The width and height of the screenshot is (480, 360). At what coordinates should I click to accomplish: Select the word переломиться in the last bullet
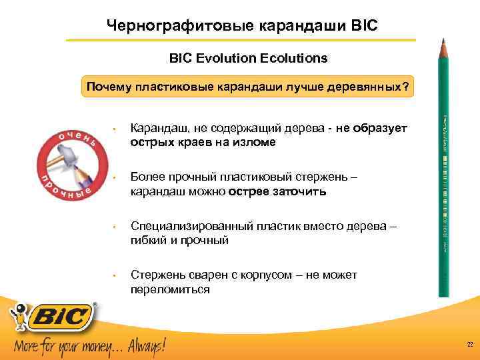[170, 289]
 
